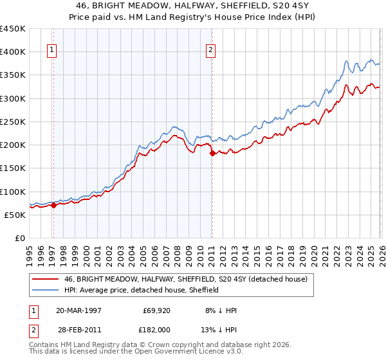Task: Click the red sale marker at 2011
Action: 212,153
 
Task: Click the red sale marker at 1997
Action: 53,206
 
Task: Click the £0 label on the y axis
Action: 19,239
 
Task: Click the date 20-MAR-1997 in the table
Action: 78,310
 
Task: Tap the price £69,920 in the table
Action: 155,310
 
